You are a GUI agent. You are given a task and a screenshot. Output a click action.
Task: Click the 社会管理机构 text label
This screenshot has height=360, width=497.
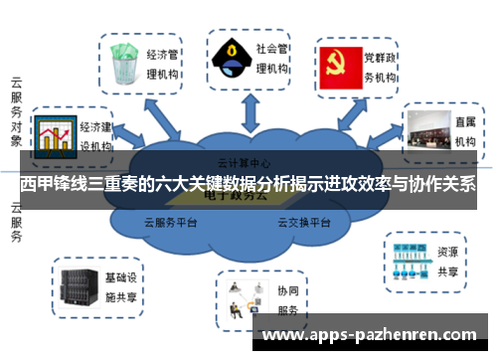(272, 58)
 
